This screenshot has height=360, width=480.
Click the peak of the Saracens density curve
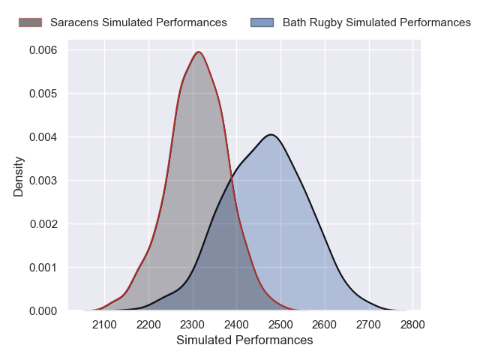pyautogui.click(x=199, y=52)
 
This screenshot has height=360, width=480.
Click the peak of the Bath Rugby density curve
pyautogui.click(x=271, y=135)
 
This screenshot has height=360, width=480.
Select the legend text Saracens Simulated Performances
pyautogui.click(x=139, y=22)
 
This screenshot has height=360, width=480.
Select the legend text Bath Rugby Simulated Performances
pyautogui.click(x=376, y=22)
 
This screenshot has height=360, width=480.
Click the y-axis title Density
pyautogui.click(x=19, y=176)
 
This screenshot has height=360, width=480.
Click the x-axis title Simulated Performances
pyautogui.click(x=244, y=340)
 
